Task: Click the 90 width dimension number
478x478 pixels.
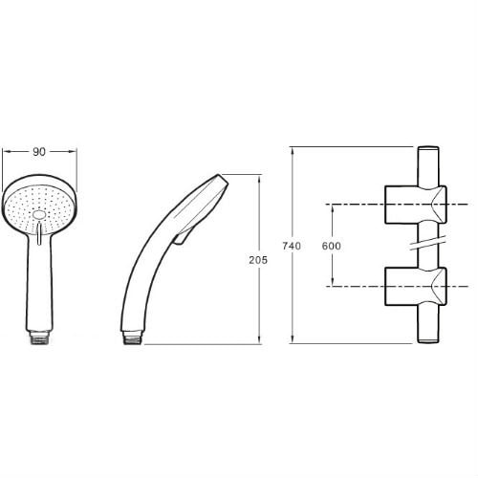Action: (39, 152)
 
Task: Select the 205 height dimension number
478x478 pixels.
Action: (258, 260)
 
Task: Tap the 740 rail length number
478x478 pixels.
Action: (292, 246)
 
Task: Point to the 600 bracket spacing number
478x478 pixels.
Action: (331, 246)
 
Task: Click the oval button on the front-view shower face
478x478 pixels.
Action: (39, 215)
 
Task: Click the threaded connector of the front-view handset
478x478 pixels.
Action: (39, 337)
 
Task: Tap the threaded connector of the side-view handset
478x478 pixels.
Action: (132, 337)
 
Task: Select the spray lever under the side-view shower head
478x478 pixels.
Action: (181, 238)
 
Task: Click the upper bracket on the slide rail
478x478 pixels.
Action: (416, 205)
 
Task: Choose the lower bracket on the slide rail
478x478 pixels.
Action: (416, 287)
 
